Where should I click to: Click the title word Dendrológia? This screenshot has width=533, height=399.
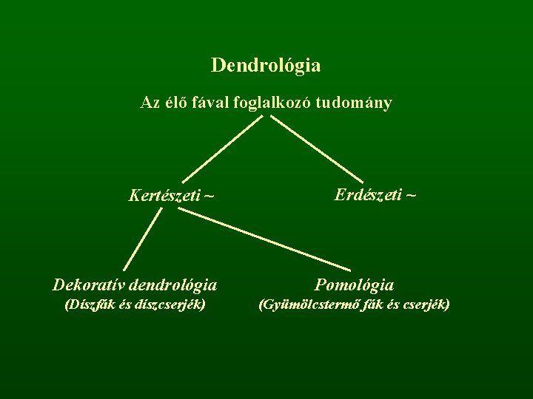(266, 66)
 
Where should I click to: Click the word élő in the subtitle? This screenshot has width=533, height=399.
(174, 103)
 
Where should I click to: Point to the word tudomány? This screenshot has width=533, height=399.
(353, 103)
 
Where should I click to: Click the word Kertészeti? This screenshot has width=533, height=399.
(165, 196)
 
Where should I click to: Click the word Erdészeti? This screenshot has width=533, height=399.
(368, 195)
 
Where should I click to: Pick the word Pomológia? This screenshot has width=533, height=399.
(355, 284)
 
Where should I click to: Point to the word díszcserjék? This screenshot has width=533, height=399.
(169, 304)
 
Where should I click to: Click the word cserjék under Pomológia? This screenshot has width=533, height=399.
(423, 304)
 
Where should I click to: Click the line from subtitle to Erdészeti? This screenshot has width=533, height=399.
(316, 149)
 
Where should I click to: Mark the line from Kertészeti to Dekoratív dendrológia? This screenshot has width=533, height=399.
(142, 239)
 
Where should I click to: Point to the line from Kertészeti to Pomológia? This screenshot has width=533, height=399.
(264, 238)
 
